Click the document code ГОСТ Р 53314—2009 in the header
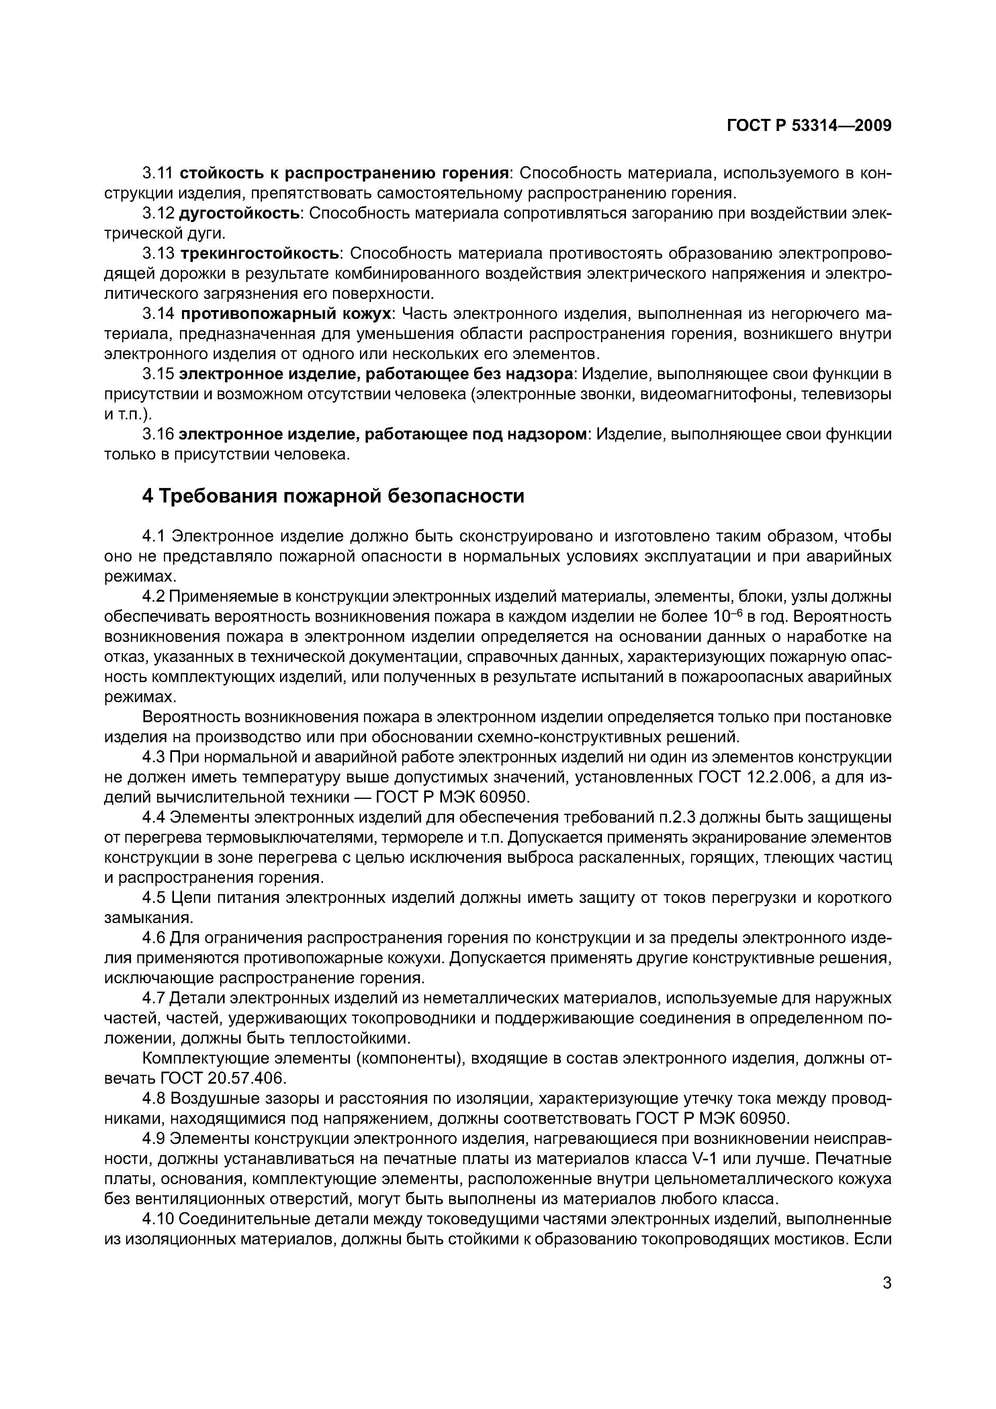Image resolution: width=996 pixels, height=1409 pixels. tap(808, 126)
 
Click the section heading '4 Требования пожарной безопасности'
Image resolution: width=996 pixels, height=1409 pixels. tap(333, 495)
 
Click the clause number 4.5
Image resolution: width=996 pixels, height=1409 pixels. tap(153, 898)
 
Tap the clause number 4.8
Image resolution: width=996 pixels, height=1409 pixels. tap(153, 1099)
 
